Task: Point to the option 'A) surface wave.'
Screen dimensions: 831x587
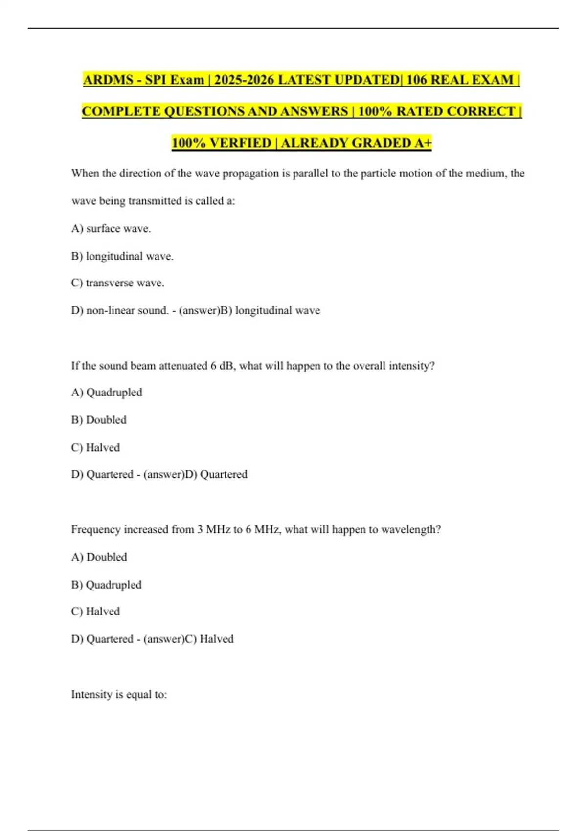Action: point(111,229)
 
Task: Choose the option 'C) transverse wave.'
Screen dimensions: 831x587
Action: point(117,283)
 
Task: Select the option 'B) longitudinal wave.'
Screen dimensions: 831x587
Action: point(122,256)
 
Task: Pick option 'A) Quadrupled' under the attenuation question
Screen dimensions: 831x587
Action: point(107,393)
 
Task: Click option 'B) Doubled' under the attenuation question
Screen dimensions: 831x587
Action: point(99,420)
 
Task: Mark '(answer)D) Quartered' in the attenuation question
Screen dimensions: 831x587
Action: point(195,474)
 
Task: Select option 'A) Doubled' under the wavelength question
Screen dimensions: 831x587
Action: point(99,557)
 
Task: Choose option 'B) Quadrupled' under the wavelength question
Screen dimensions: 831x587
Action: point(106,585)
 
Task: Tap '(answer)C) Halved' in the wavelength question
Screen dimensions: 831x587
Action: point(188,639)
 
